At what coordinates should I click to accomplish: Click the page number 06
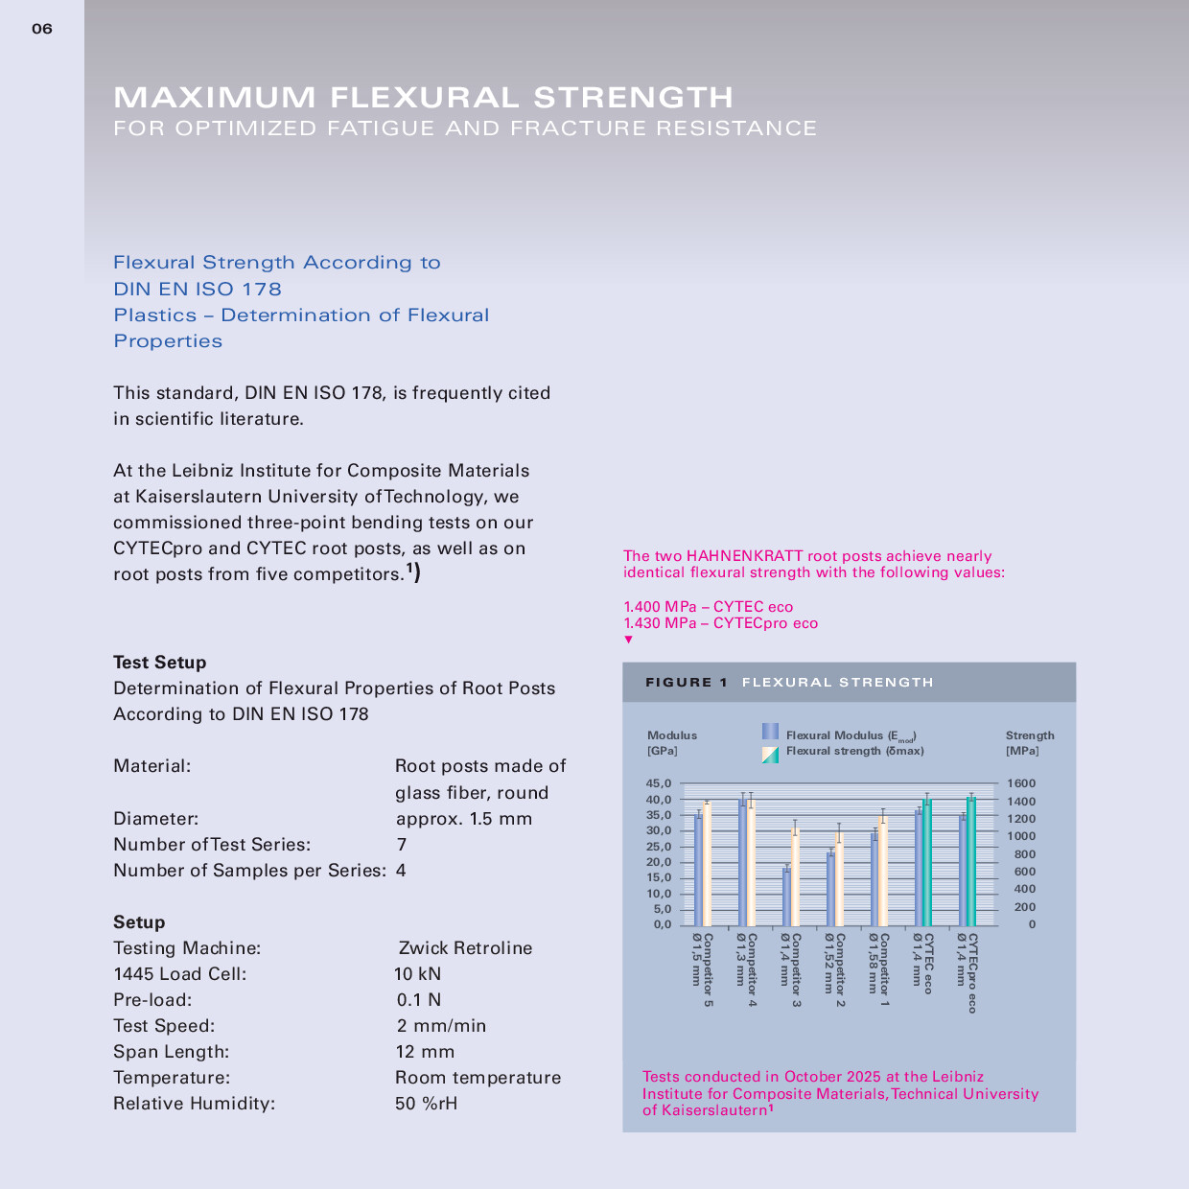pos(42,29)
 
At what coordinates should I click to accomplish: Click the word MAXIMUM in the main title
pos(215,97)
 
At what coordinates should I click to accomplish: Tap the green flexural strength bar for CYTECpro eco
pos(971,861)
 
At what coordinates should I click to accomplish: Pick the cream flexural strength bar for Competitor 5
pos(707,864)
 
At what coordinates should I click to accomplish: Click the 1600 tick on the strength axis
pos(1020,783)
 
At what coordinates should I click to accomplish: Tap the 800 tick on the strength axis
pos(1024,854)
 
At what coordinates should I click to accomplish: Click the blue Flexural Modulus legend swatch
pos(770,732)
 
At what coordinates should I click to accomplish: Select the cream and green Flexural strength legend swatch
pos(770,755)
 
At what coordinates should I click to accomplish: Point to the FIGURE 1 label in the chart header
pos(687,683)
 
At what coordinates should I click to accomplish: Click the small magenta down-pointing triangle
pos(629,640)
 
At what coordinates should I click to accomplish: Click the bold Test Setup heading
pos(159,663)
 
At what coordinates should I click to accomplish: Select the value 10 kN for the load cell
pos(418,974)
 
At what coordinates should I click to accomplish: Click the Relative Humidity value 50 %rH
pos(426,1104)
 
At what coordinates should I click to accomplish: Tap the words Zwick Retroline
pos(465,948)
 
